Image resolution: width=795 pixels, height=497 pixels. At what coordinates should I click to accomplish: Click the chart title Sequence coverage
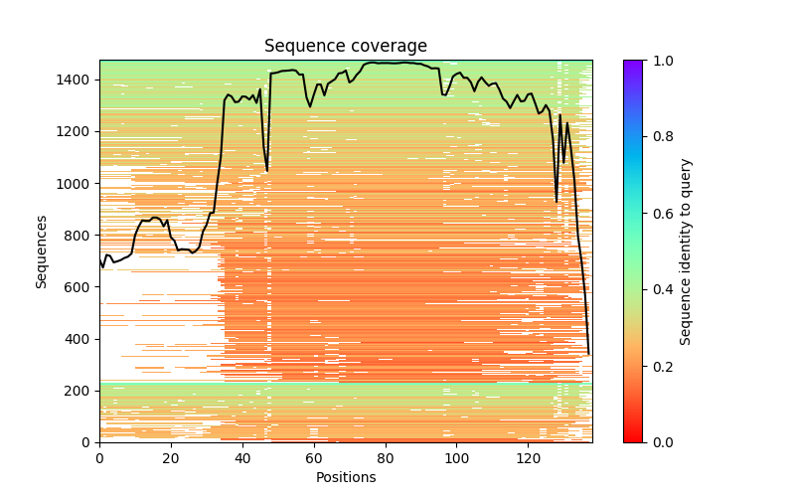[345, 46]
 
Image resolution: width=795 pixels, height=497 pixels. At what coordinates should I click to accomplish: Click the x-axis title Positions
[345, 477]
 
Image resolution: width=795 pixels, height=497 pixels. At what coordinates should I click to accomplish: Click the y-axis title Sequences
[42, 251]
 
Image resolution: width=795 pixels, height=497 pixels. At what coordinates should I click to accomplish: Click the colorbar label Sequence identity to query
[686, 251]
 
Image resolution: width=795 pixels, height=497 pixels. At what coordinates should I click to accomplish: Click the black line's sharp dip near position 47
[266, 171]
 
